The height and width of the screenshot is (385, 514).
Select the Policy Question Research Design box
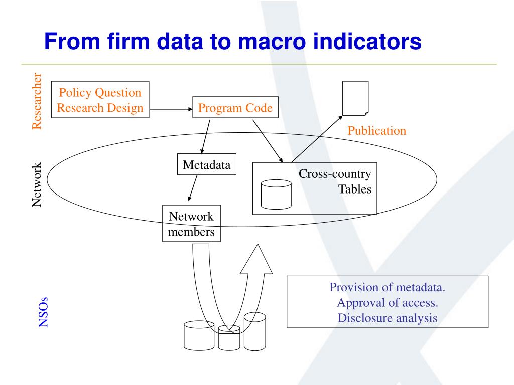click(x=100, y=100)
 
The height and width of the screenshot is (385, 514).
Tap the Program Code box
click(x=235, y=108)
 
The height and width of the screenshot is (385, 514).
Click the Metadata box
click(x=207, y=165)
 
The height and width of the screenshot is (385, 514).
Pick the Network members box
click(x=191, y=224)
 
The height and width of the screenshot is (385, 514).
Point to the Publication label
click(x=376, y=131)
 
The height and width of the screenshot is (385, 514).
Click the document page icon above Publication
click(x=355, y=98)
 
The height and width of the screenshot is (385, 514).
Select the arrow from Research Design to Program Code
click(x=171, y=108)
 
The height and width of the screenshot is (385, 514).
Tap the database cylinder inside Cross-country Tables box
click(x=276, y=195)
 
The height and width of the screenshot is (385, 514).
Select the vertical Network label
click(x=37, y=185)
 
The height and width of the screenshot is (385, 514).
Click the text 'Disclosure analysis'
click(x=387, y=318)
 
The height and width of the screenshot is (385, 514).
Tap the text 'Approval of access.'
click(x=387, y=303)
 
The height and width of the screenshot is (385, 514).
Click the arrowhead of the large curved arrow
click(x=256, y=258)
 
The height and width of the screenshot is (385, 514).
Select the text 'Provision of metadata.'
click(x=387, y=288)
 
